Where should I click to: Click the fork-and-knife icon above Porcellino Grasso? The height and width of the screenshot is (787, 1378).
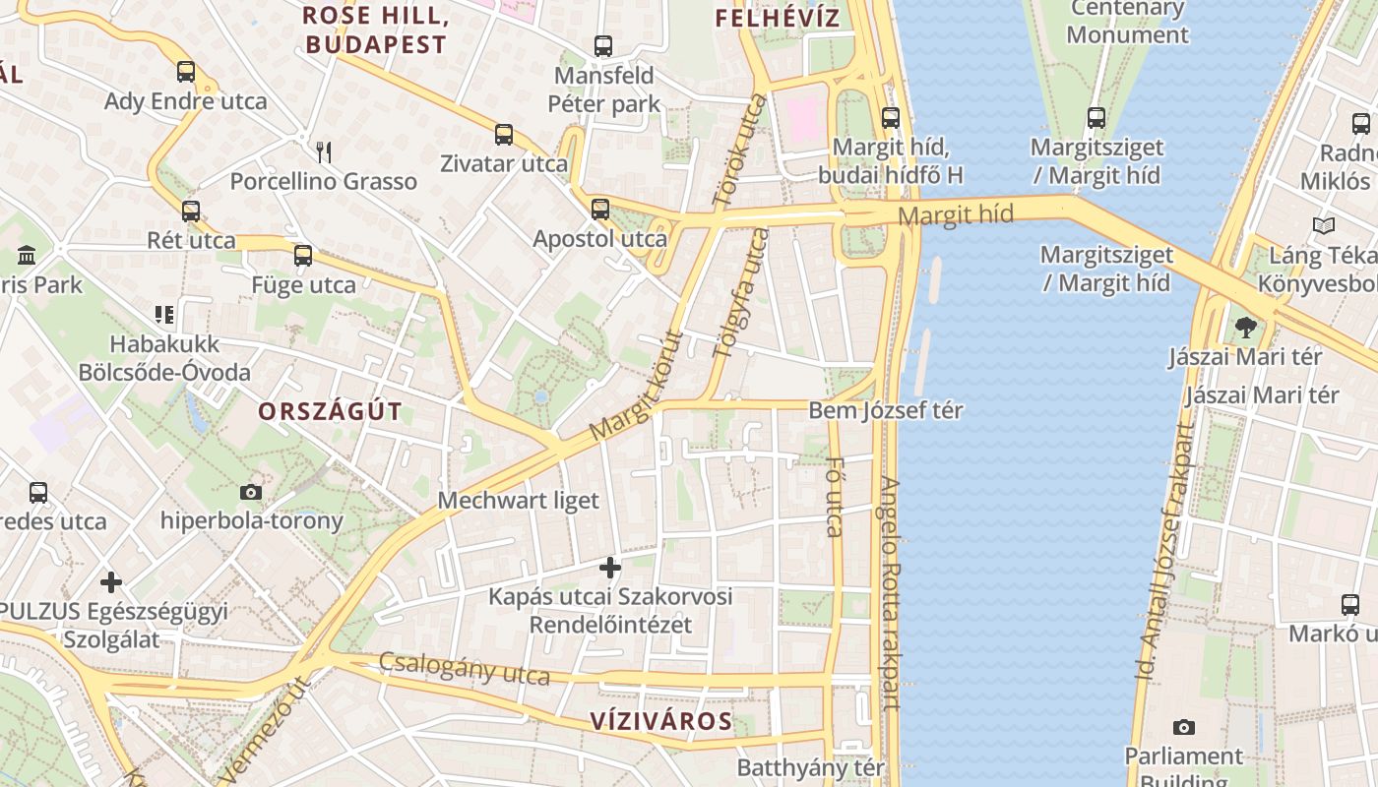[x=324, y=151]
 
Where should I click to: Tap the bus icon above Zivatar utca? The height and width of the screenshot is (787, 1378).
[x=504, y=134]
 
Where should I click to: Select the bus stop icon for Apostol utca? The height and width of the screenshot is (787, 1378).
[x=600, y=209]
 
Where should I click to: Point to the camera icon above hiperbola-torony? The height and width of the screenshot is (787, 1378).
[x=251, y=492]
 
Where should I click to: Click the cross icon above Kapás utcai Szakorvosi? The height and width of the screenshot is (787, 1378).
[x=610, y=567]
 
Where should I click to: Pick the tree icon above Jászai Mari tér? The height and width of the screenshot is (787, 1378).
[x=1246, y=327]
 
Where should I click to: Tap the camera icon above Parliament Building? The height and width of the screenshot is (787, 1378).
[x=1184, y=727]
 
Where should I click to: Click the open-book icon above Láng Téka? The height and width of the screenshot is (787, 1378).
[x=1324, y=226]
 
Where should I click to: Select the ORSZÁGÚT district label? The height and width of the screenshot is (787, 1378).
[x=331, y=411]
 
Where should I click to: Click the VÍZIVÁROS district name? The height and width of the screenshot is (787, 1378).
[x=661, y=721]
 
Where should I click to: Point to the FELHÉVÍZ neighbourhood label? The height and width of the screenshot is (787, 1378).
[x=778, y=18]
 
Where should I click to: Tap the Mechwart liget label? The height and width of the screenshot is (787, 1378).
[x=518, y=500]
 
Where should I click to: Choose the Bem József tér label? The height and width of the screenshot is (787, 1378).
[x=886, y=410]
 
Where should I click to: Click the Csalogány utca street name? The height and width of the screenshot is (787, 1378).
[x=465, y=669]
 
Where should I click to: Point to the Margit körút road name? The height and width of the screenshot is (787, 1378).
[x=636, y=386]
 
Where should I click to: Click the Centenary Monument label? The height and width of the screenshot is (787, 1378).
[x=1127, y=22]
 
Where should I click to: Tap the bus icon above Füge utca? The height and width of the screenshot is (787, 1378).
[x=303, y=256]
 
